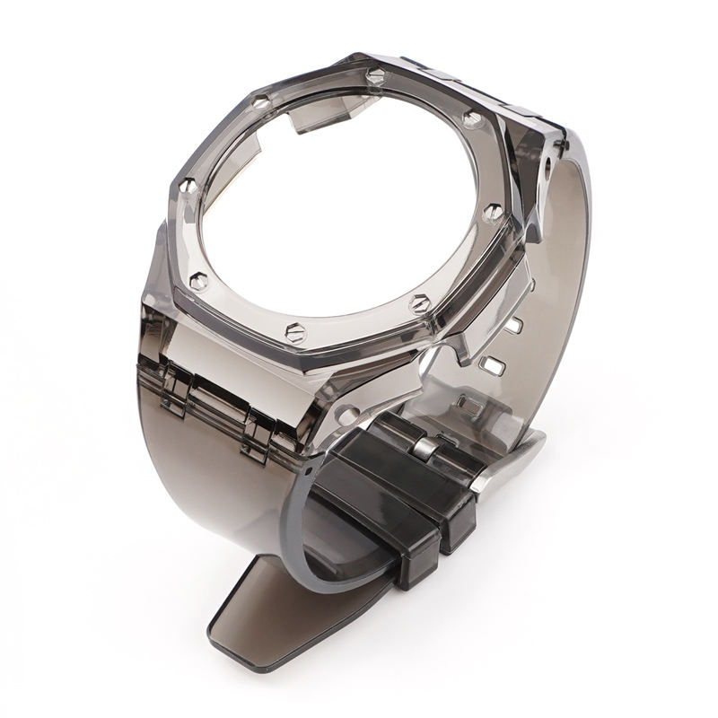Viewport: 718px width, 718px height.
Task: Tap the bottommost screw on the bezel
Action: coord(295,333)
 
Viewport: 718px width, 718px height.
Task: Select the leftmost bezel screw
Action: coord(188,187)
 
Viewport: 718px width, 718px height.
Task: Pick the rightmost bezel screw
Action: coord(494,212)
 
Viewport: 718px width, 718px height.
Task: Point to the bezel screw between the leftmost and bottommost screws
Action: coord(200,282)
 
